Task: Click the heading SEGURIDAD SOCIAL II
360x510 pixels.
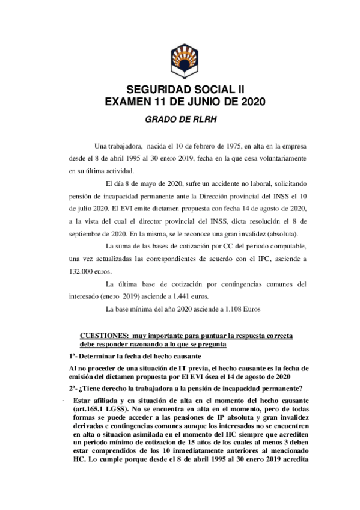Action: pyautogui.click(x=180, y=89)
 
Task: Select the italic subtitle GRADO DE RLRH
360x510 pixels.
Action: pyautogui.click(x=180, y=118)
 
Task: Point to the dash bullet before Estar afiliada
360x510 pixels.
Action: pyautogui.click(x=63, y=399)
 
